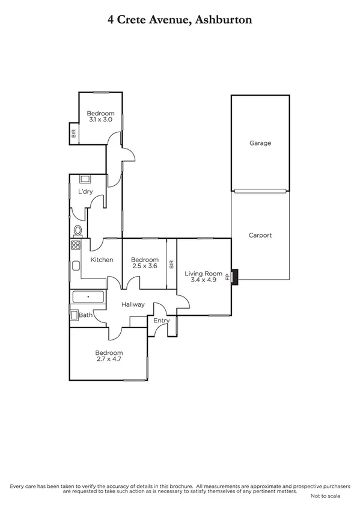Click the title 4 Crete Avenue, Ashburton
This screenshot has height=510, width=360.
tap(180, 19)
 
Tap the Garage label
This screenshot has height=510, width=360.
tap(260, 143)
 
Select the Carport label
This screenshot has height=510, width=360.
tap(260, 235)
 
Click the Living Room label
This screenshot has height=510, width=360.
tap(203, 274)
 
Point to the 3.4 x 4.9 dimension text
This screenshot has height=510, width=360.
tap(203, 280)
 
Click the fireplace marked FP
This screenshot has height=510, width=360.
tap(235, 277)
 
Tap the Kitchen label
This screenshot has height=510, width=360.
tap(102, 260)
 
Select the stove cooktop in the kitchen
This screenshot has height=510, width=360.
tap(76, 245)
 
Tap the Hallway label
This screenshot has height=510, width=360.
tap(133, 304)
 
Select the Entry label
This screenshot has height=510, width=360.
tap(162, 321)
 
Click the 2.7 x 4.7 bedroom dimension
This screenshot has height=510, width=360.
tap(109, 360)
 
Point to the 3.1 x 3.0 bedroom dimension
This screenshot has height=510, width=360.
tap(100, 120)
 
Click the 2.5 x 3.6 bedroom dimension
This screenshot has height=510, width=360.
tap(144, 266)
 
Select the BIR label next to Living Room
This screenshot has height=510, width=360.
tap(171, 265)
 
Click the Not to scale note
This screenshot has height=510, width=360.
tap(325, 497)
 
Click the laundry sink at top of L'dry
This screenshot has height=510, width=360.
tap(84, 179)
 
